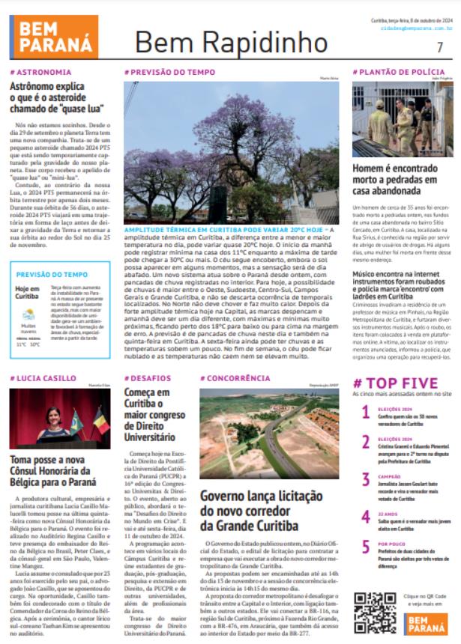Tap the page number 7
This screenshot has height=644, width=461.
tap(440, 46)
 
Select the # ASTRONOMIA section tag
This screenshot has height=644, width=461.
tap(41, 73)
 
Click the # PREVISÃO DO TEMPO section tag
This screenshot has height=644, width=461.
tap(160, 73)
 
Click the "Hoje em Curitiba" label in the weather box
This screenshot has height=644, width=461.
tap(28, 293)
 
